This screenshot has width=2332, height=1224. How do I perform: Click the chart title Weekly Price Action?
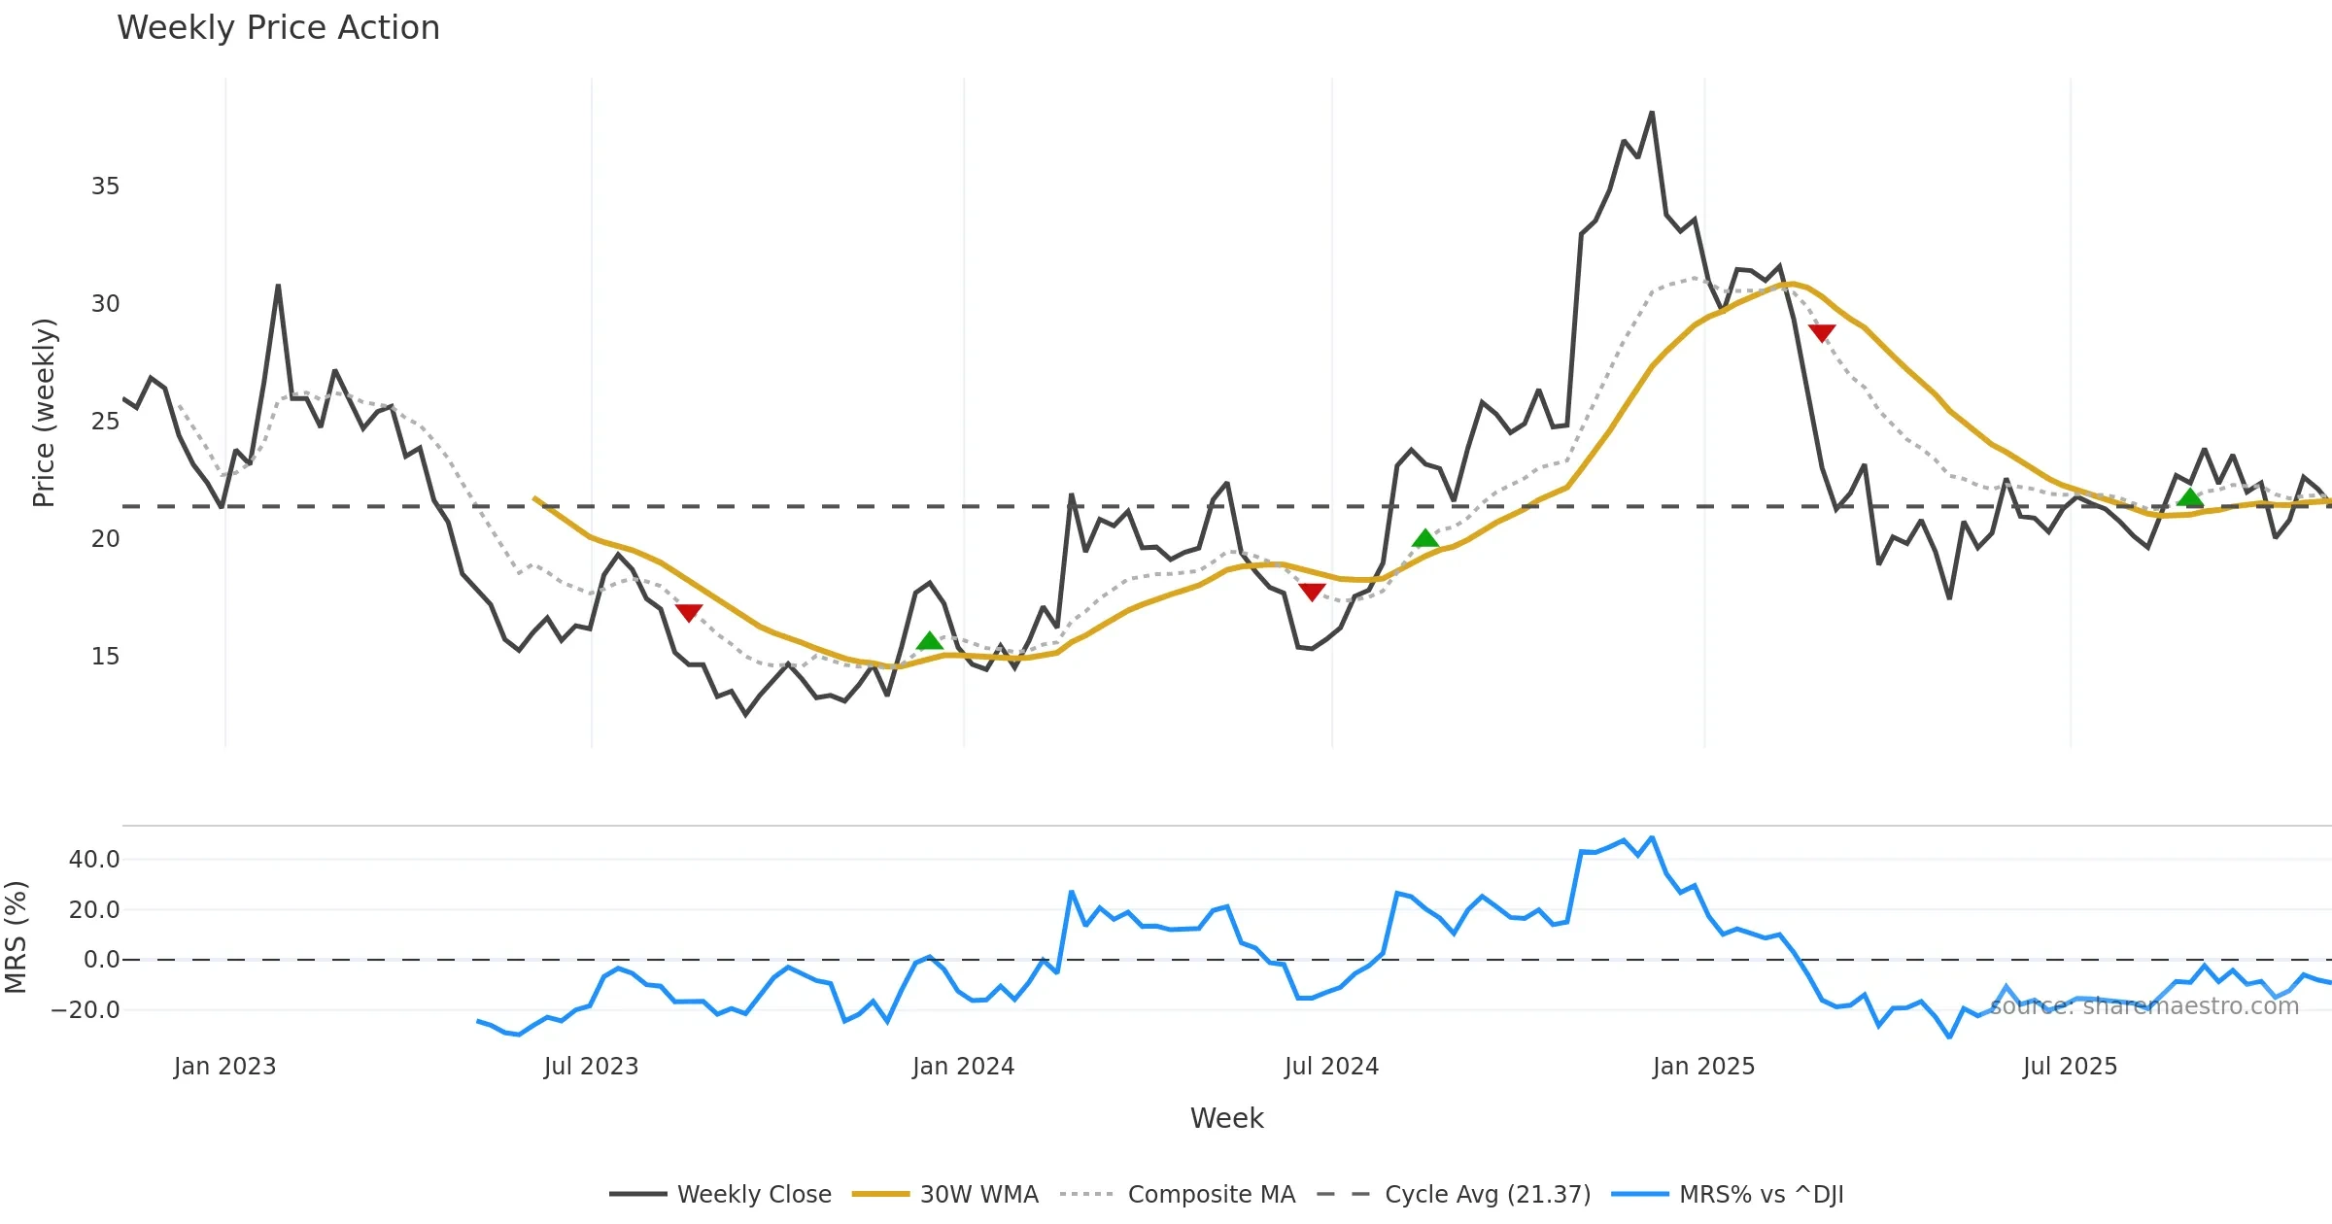[x=278, y=28]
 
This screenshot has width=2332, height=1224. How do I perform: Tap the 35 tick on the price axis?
[x=105, y=187]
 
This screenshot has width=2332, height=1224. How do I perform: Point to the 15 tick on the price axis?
[x=105, y=657]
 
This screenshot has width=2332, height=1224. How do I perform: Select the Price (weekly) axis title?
[x=44, y=413]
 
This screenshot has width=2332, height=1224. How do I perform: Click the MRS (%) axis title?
[x=16, y=936]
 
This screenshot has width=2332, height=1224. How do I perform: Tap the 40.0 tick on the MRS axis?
[x=94, y=860]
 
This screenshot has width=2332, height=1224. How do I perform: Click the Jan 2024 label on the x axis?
[x=963, y=1067]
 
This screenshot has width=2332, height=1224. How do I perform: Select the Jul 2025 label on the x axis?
[x=2070, y=1067]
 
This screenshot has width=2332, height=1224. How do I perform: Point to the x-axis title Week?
[x=1226, y=1119]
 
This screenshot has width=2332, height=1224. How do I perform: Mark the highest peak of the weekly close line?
[x=1652, y=114]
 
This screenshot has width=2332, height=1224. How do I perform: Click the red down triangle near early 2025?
[x=1822, y=333]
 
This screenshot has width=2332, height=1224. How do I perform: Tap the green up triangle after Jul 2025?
[x=2190, y=498]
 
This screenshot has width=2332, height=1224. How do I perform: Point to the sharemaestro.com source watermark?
[x=2144, y=1006]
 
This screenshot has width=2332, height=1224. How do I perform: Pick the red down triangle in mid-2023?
[x=688, y=613]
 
